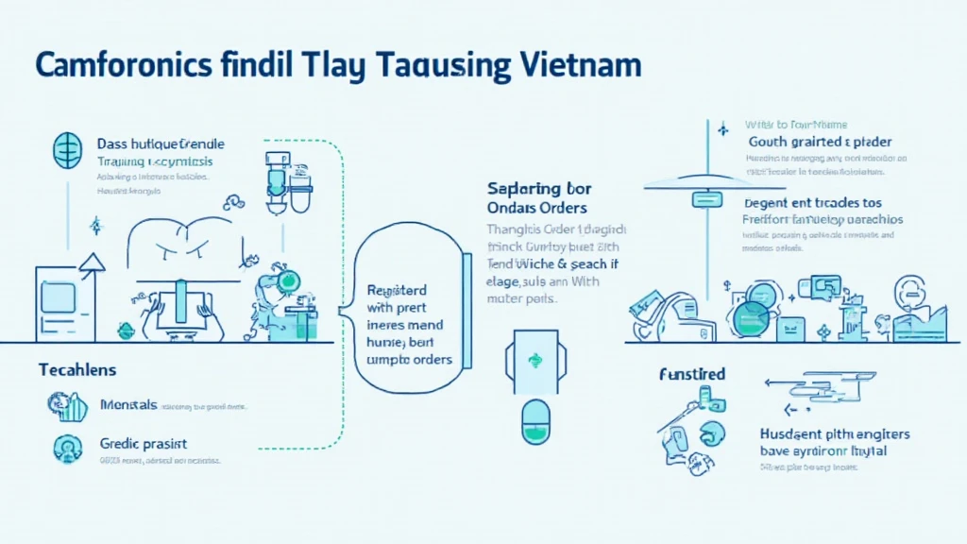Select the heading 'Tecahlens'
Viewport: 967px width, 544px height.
pyautogui.click(x=77, y=369)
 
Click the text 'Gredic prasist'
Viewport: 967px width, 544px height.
pyautogui.click(x=143, y=443)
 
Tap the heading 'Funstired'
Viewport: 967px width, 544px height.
pyautogui.click(x=692, y=375)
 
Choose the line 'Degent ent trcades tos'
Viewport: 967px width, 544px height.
pyautogui.click(x=813, y=202)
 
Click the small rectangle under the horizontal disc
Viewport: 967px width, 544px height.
pyautogui.click(x=706, y=199)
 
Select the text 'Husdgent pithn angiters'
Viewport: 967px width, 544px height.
pyautogui.click(x=834, y=434)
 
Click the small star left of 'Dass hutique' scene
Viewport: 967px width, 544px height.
pyautogui.click(x=94, y=226)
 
